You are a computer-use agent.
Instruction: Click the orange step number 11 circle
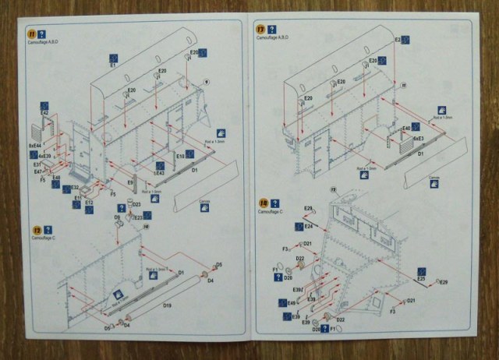pyautogui.click(x=31, y=35)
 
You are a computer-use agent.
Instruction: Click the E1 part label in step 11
pyautogui.click(x=112, y=66)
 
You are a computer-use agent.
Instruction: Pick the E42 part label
pyautogui.click(x=44, y=114)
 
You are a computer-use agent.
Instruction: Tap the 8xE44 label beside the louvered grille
pyautogui.click(x=34, y=145)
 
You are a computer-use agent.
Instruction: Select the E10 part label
pyautogui.click(x=179, y=156)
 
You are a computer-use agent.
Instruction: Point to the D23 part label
pyautogui.click(x=136, y=205)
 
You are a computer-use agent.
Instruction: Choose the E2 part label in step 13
pyautogui.click(x=398, y=40)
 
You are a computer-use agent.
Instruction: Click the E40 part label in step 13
pyautogui.click(x=405, y=128)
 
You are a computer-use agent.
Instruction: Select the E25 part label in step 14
pyautogui.click(x=421, y=278)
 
